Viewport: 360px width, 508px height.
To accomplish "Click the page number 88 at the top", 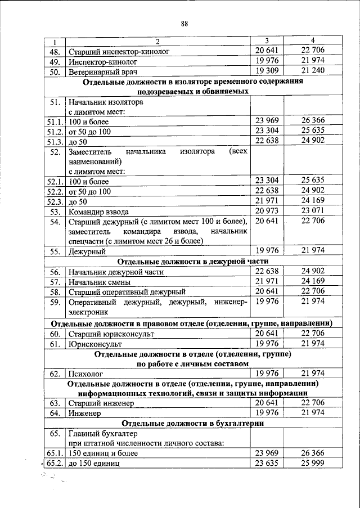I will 184,23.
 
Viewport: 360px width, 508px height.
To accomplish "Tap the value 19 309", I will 267,71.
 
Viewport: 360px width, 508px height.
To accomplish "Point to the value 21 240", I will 313,71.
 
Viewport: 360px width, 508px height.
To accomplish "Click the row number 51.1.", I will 55,122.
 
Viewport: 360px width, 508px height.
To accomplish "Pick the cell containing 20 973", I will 267,211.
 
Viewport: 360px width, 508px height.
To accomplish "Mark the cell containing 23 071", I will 313,211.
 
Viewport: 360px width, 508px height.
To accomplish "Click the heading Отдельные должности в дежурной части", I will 193,262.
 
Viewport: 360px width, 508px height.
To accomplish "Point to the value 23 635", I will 267,462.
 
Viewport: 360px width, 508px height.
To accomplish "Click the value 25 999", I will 313,462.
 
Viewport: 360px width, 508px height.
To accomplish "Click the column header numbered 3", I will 267,41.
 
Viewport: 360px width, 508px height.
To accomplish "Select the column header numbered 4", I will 313,40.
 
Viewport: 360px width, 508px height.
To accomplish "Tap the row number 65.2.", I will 55,464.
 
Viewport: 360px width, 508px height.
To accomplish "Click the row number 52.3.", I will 55,202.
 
